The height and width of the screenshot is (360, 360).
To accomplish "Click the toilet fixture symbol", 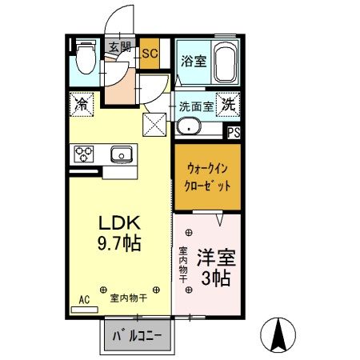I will pyautogui.click(x=86, y=57).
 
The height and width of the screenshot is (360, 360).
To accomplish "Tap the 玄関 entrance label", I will pyautogui.click(x=119, y=46).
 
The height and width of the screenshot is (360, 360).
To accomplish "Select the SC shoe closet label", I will pyautogui.click(x=150, y=54).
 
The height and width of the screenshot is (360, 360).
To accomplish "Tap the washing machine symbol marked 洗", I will pyautogui.click(x=228, y=103).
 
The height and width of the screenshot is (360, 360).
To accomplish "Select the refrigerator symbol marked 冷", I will pyautogui.click(x=81, y=103).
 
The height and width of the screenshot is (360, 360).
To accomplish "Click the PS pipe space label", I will pyautogui.click(x=234, y=134).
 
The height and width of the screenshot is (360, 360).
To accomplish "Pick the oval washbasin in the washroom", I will pyautogui.click(x=190, y=126).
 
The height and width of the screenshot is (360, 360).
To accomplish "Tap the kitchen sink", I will pyautogui.click(x=122, y=153).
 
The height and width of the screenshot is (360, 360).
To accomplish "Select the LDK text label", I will pyautogui.click(x=118, y=222).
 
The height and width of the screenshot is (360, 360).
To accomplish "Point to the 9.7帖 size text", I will pyautogui.click(x=118, y=242).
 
